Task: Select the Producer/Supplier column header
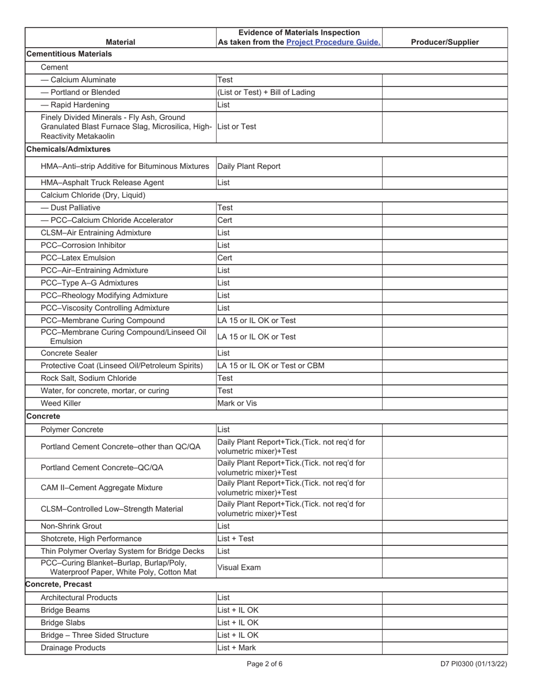pyautogui.click(x=445, y=42)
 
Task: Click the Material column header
pyautogui.click(x=121, y=42)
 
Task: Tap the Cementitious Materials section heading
pyautogui.click(x=69, y=54)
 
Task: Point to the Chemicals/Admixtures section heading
pyautogui.click(x=68, y=149)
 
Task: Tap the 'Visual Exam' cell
pyautogui.click(x=239, y=568)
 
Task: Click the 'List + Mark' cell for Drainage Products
pyautogui.click(x=237, y=648)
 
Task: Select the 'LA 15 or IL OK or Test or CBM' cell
pyautogui.click(x=270, y=366)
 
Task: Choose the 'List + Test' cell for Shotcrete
pyautogui.click(x=236, y=539)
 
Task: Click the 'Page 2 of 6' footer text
pyautogui.click(x=264, y=664)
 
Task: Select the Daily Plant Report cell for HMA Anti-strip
pyautogui.click(x=249, y=167)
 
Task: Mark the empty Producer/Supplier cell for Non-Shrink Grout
pyautogui.click(x=445, y=526)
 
